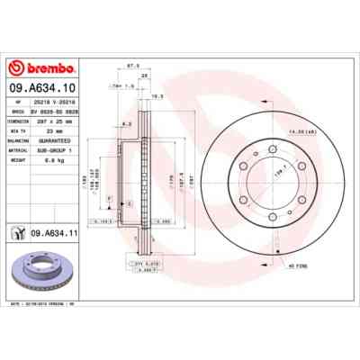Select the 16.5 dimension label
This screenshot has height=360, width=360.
156,95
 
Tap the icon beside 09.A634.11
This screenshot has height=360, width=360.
17,233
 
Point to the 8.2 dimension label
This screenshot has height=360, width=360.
129,123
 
